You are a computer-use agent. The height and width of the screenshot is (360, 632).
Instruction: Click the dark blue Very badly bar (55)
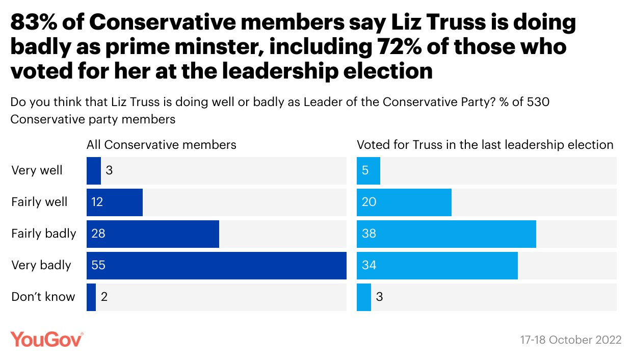(x=217, y=266)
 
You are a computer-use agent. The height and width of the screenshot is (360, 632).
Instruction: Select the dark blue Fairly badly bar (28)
(x=153, y=234)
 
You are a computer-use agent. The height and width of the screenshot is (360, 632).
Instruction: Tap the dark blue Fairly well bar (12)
(x=115, y=202)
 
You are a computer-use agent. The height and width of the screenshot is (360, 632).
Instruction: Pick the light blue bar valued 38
(x=446, y=234)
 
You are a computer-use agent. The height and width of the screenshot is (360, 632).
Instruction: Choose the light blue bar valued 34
(x=437, y=266)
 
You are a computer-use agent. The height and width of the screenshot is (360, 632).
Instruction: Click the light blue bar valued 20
(x=404, y=202)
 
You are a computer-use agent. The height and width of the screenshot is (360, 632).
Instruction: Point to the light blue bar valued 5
(x=368, y=171)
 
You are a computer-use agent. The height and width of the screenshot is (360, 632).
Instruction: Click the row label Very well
(x=37, y=170)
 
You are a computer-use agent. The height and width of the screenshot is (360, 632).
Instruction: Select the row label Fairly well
(x=39, y=202)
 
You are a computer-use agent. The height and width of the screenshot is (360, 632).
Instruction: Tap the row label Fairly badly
(x=43, y=234)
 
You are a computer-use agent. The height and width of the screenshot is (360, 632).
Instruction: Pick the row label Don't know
(x=43, y=297)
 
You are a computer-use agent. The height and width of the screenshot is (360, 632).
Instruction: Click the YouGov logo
(x=46, y=339)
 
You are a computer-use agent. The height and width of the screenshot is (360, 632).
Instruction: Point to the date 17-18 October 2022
(x=571, y=340)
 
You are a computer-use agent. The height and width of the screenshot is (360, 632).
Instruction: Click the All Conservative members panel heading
(x=162, y=145)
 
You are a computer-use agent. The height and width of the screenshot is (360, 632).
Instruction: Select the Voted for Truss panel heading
(x=485, y=145)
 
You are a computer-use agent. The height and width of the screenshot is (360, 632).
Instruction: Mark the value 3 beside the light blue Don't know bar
(x=379, y=297)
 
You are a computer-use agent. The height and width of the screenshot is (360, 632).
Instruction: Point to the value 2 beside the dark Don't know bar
(x=104, y=297)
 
